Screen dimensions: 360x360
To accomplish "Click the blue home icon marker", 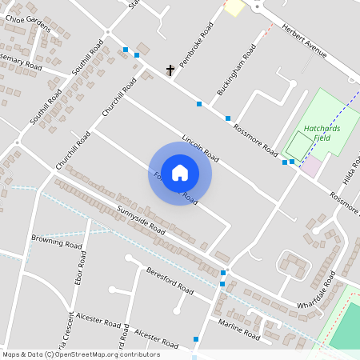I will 180,173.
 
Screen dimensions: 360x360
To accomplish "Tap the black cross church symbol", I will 170,70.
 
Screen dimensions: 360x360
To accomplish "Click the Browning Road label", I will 57,239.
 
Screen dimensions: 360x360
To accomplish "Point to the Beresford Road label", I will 170,280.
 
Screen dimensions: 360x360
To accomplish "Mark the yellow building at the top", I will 234,7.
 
